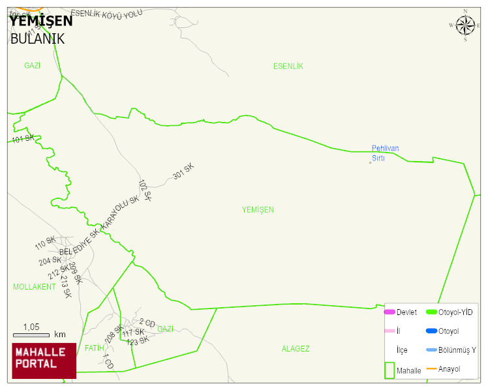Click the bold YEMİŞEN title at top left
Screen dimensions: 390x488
(x=40, y=21)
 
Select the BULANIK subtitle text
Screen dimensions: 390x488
(x=37, y=38)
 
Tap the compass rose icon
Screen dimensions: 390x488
(x=465, y=25)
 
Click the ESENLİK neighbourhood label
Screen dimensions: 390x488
(x=288, y=67)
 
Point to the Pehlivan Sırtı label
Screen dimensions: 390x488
(x=385, y=153)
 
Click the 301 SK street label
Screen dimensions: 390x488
(x=183, y=172)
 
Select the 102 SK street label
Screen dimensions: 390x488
(x=145, y=190)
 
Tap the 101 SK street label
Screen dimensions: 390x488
(x=23, y=139)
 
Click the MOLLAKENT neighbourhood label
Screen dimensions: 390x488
(x=34, y=287)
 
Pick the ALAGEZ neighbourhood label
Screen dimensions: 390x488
(x=296, y=349)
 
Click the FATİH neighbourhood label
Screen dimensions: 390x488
(x=94, y=348)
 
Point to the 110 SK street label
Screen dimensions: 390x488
(x=45, y=245)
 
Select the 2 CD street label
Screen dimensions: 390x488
(x=147, y=323)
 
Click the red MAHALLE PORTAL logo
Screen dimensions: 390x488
(x=44, y=361)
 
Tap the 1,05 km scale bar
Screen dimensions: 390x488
(x=39, y=335)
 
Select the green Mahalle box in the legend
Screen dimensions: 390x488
(x=390, y=370)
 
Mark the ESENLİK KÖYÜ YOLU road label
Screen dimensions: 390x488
(x=106, y=14)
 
